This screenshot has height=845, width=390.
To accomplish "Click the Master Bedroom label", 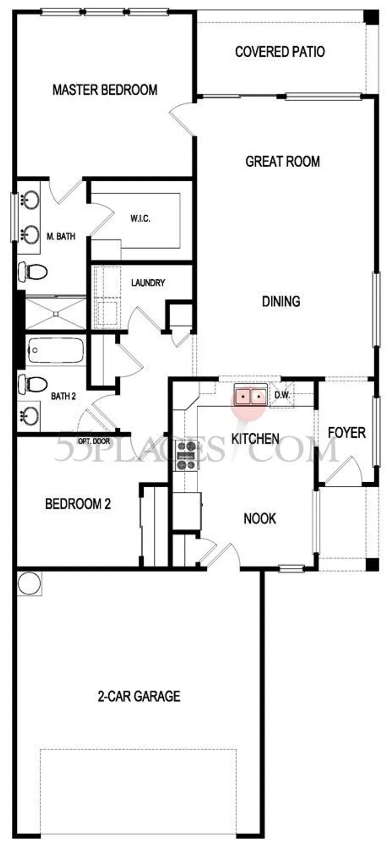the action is [x=105, y=89].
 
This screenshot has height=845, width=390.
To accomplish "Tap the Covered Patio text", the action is [x=280, y=51].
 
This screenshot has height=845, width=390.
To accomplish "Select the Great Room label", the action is [x=283, y=161].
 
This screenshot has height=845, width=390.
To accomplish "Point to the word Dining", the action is [x=281, y=301].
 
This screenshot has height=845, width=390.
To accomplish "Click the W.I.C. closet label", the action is [x=141, y=218].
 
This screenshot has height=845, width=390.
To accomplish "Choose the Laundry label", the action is [x=148, y=282].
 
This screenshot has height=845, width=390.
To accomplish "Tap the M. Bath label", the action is [x=61, y=236].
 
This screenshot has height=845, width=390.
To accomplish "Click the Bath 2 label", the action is [x=63, y=396].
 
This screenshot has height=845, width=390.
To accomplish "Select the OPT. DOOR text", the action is [x=94, y=441].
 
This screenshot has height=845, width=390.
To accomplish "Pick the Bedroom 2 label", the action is [x=78, y=504].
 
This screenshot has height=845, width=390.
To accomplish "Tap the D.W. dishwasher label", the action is [x=282, y=395].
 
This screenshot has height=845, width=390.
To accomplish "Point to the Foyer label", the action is [x=347, y=432].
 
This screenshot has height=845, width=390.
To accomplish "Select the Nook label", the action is [x=260, y=518].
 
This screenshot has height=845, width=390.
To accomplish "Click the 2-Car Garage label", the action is [x=139, y=696].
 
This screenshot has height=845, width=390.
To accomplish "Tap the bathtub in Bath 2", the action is [x=55, y=351].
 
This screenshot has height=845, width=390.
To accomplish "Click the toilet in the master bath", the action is [x=33, y=272].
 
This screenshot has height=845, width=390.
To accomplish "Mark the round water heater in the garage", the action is [x=29, y=583].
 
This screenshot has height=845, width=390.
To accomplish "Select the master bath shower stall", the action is [x=55, y=313].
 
